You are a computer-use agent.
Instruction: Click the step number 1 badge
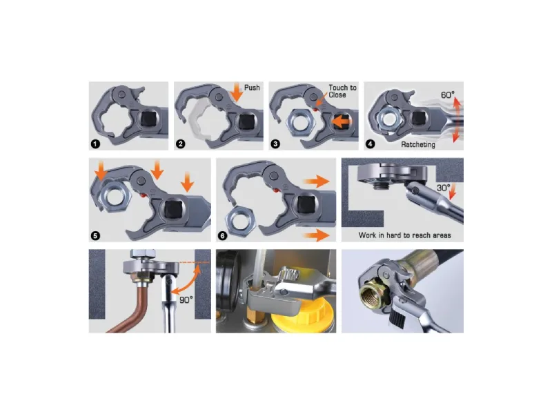click(x=95, y=144)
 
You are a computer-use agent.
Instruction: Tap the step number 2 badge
click(x=181, y=144)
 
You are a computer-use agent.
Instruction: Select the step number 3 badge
click(x=275, y=144)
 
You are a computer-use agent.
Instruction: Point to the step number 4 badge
click(x=370, y=144)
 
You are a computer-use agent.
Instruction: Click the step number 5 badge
click(x=95, y=236)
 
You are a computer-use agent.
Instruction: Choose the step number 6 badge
click(x=222, y=236)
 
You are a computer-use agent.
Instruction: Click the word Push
click(x=252, y=88)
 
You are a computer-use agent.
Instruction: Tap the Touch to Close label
click(x=342, y=91)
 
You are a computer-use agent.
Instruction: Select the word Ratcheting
click(x=418, y=144)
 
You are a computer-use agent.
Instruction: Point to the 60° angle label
click(x=448, y=95)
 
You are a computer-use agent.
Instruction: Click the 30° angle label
click(x=443, y=188)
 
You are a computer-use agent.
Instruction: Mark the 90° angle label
click(x=186, y=300)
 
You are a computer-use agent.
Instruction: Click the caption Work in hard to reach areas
click(x=405, y=235)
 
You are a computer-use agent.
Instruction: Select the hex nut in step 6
click(x=241, y=221)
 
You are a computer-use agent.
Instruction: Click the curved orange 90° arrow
click(x=187, y=281)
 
